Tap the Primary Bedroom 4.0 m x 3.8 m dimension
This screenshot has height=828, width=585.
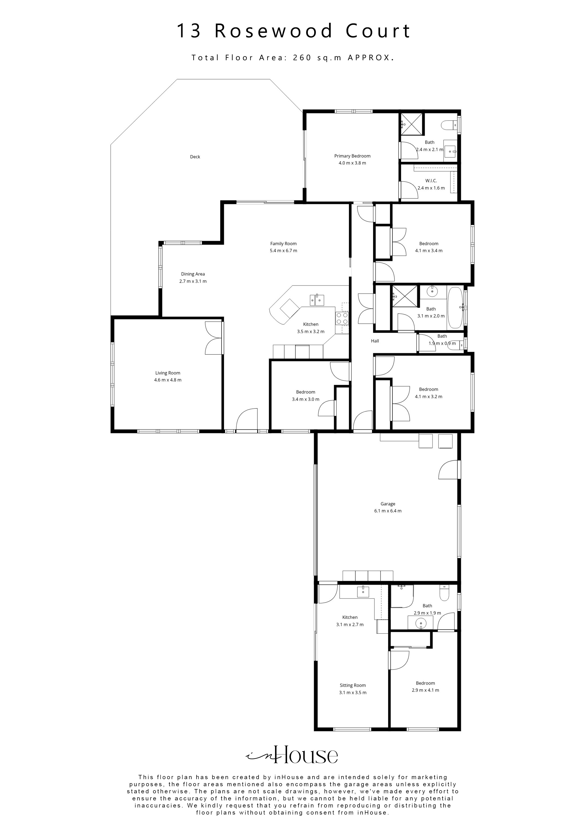(x=352, y=163)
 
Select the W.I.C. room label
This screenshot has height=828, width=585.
(x=431, y=181)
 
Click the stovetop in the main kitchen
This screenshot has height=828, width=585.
(x=342, y=318)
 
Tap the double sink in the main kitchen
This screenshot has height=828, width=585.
(x=317, y=300)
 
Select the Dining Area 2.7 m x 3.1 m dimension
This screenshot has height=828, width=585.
(x=193, y=281)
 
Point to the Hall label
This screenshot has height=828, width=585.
(x=375, y=341)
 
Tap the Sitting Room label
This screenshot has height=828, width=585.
(x=352, y=685)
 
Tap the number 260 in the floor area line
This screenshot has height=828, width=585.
(x=302, y=58)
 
